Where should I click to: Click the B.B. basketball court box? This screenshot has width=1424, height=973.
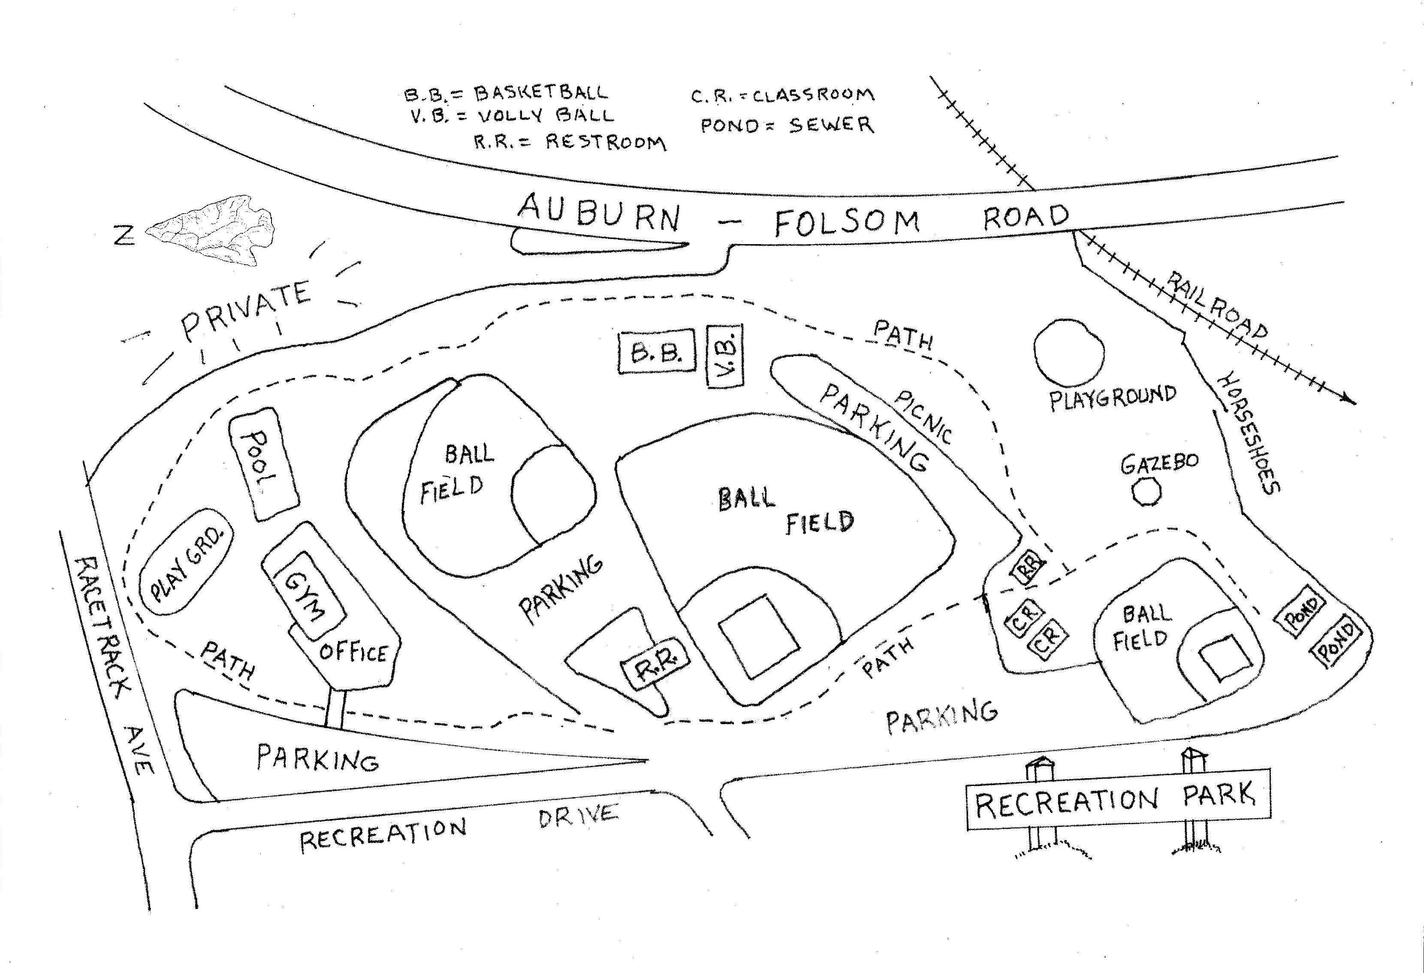pyautogui.click(x=657, y=352)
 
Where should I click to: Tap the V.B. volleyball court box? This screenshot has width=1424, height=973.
pyautogui.click(x=725, y=356)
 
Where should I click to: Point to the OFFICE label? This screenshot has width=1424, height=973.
pyautogui.click(x=353, y=653)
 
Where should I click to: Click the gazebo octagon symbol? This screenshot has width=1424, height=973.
pyautogui.click(x=1146, y=492)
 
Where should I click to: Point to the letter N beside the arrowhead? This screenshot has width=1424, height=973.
pyautogui.click(x=124, y=235)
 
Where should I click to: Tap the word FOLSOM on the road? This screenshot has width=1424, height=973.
pyautogui.click(x=846, y=223)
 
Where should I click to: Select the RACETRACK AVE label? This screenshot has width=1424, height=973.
pyautogui.click(x=113, y=662)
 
